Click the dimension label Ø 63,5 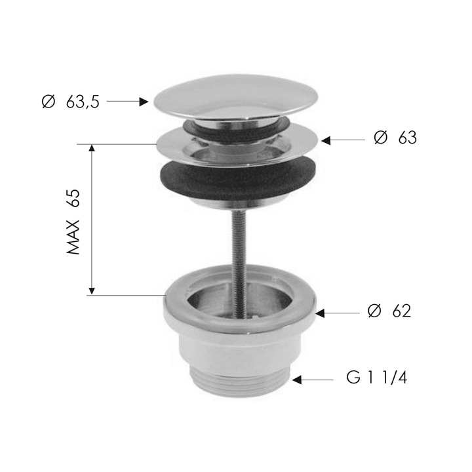coord(70,102)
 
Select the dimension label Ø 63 coord(395,138)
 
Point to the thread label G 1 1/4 coord(376,379)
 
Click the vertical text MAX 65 coord(73,222)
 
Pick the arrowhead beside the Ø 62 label coord(321,313)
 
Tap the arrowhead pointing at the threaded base coord(298,379)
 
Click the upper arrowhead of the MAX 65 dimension coord(92,149)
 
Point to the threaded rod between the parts coord(237,243)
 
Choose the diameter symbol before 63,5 coord(47,102)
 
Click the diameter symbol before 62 coord(374,311)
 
